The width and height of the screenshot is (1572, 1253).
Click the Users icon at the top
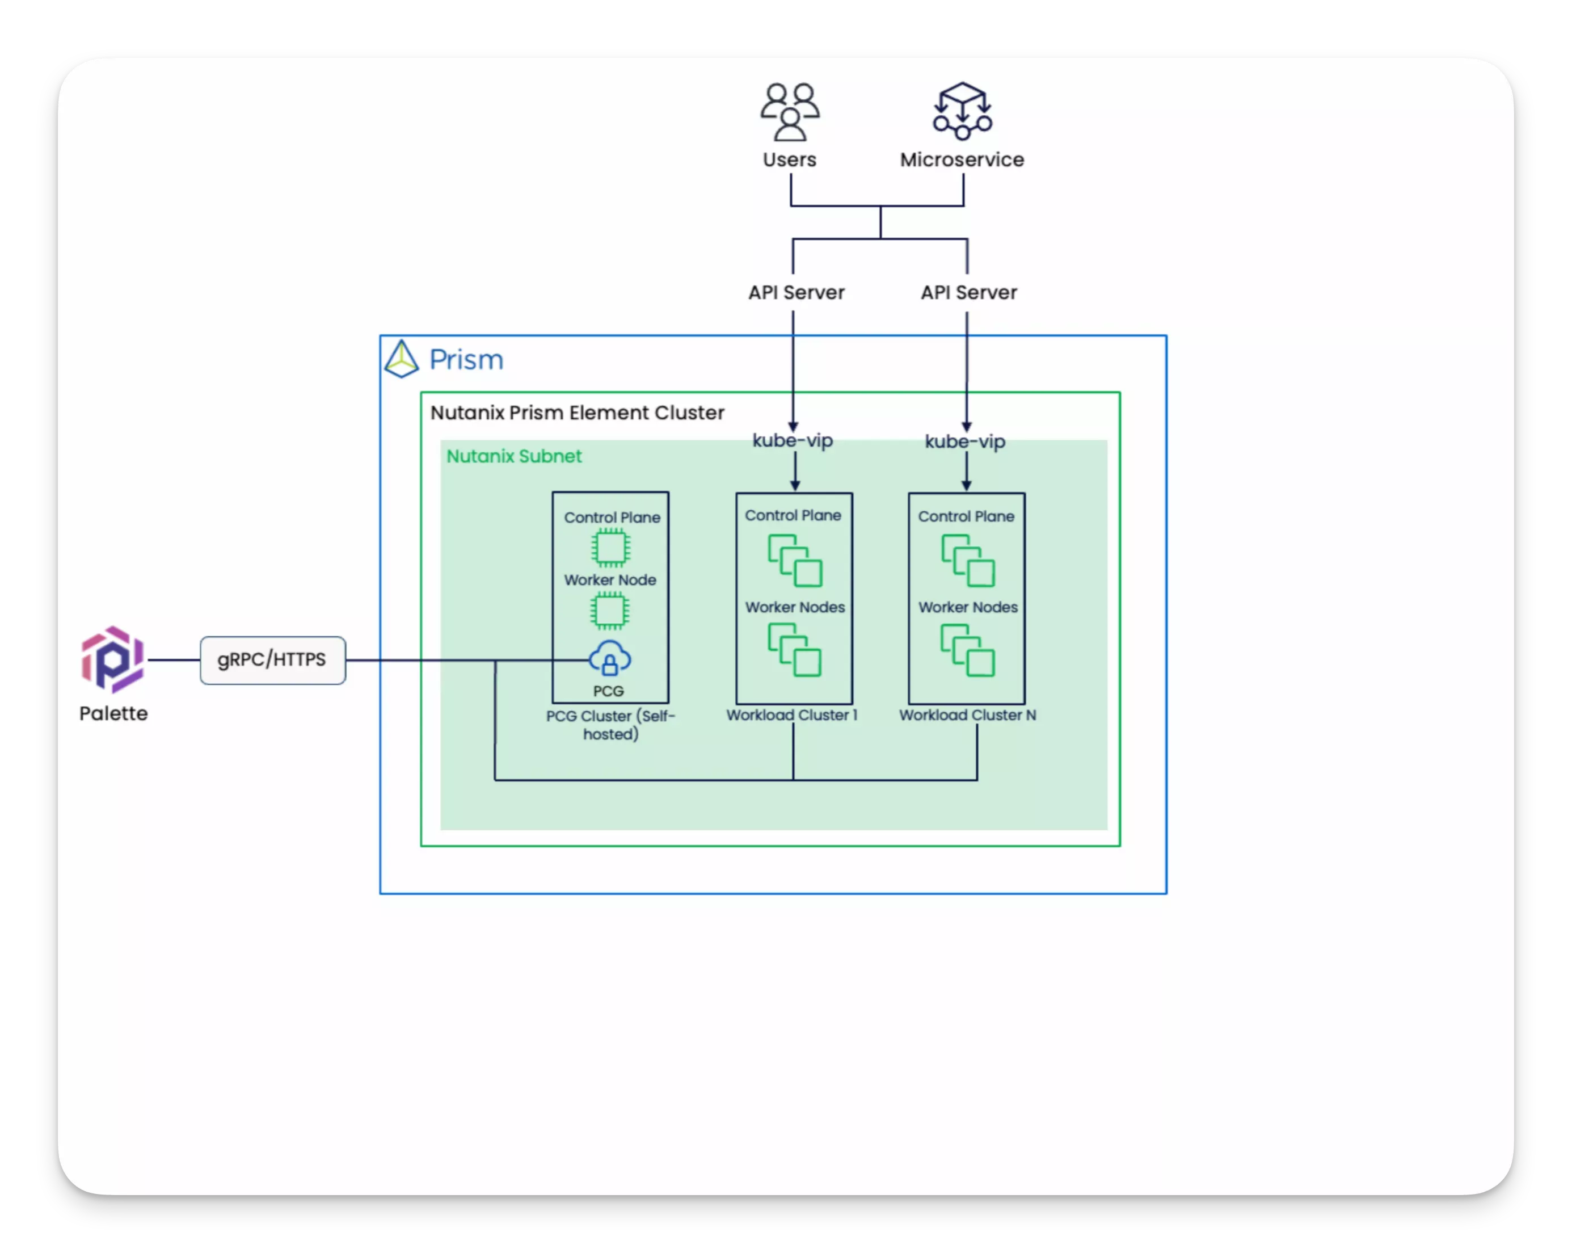click(790, 112)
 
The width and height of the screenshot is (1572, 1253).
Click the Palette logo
click(112, 659)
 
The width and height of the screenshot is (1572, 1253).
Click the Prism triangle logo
click(401, 359)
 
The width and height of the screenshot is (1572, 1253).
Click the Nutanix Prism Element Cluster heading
click(577, 413)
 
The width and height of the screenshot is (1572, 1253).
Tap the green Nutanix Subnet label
click(514, 457)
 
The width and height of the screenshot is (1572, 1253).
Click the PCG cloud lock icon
click(609, 659)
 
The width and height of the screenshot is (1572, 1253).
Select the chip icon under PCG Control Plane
click(610, 548)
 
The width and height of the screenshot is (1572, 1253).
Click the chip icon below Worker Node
click(610, 611)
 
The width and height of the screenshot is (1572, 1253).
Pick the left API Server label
click(796, 292)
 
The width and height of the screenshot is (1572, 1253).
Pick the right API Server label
click(968, 292)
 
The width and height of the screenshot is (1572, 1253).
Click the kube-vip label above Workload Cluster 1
click(793, 440)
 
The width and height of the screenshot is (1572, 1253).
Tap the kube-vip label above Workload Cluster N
click(964, 442)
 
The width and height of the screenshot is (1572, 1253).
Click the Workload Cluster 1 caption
click(792, 715)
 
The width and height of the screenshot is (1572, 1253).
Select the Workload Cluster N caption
click(968, 715)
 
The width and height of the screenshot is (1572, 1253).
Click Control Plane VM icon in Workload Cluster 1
click(795, 561)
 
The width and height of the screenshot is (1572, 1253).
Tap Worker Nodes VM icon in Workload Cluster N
click(968, 650)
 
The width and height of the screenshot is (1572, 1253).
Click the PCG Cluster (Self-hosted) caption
click(611, 725)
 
